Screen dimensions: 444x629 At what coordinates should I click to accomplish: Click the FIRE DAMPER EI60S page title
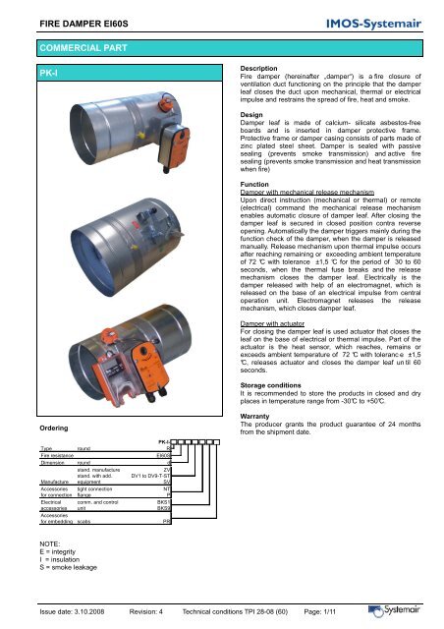(74, 19)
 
